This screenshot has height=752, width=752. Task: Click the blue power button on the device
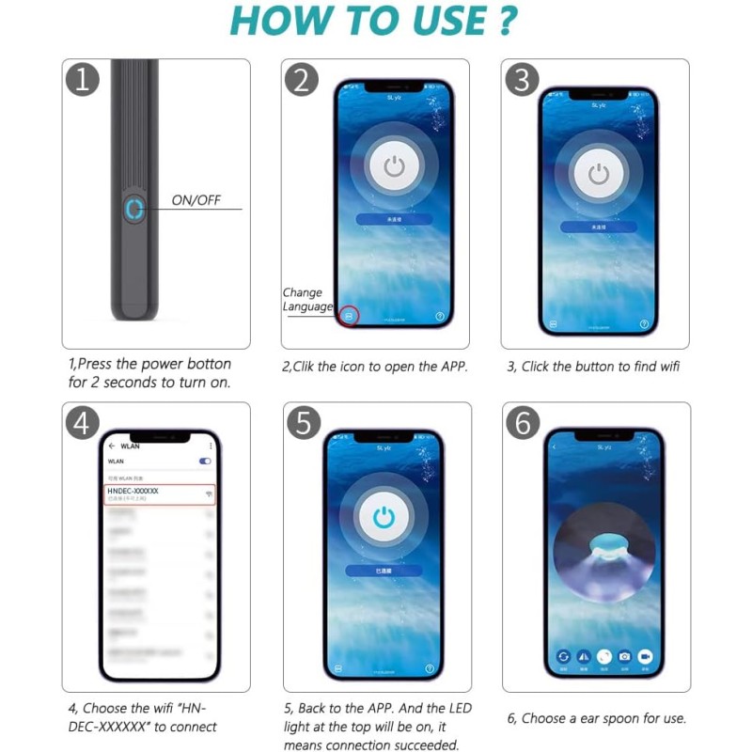pyautogui.click(x=134, y=209)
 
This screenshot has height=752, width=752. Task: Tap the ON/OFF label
pyautogui.click(x=195, y=200)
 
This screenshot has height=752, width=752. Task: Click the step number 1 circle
pyautogui.click(x=84, y=80)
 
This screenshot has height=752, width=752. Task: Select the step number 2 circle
pyautogui.click(x=301, y=80)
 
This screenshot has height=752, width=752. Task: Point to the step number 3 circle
pyautogui.click(x=522, y=80)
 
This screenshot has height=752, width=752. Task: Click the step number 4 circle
pyautogui.click(x=84, y=423)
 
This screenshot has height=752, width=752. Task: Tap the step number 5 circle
pyautogui.click(x=301, y=423)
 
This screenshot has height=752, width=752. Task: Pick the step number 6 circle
pyautogui.click(x=522, y=423)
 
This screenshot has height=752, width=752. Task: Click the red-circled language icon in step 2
pyautogui.click(x=349, y=317)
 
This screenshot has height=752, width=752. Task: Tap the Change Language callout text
pyautogui.click(x=306, y=300)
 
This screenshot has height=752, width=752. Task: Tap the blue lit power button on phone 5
pyautogui.click(x=382, y=516)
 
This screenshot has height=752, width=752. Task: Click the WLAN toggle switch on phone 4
pyautogui.click(x=205, y=462)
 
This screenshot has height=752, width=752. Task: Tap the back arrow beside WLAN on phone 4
pyautogui.click(x=112, y=446)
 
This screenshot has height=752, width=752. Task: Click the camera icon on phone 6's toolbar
pyautogui.click(x=625, y=655)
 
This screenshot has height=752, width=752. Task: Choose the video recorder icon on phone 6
pyautogui.click(x=646, y=655)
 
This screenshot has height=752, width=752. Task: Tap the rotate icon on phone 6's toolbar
pyautogui.click(x=563, y=655)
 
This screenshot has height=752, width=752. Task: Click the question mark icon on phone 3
pyautogui.click(x=644, y=322)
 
